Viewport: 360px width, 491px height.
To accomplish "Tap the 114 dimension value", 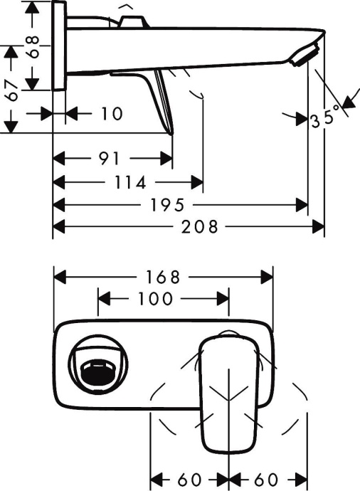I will click(130, 183).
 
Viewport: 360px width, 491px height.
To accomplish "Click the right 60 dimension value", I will click(267, 479).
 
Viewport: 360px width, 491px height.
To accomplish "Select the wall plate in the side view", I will click(60, 45).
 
